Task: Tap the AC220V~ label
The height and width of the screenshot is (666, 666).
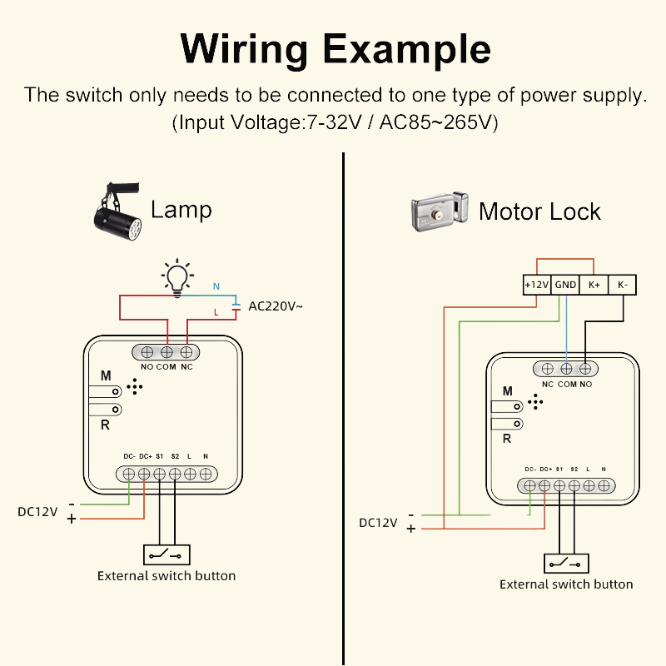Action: [275, 306]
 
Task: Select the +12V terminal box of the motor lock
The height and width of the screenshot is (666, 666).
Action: [537, 285]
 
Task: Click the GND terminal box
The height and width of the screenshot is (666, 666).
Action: [565, 285]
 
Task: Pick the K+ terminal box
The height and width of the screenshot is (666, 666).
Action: [594, 285]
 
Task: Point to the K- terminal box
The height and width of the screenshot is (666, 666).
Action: [623, 285]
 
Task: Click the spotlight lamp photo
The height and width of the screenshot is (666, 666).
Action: [117, 212]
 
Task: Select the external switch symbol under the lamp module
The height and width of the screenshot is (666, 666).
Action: [166, 555]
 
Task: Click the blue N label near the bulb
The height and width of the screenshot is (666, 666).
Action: [216, 286]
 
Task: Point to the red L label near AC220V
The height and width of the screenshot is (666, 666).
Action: [216, 312]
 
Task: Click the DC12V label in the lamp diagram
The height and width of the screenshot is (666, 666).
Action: [38, 512]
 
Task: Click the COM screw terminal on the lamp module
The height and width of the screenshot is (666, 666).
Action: [167, 352]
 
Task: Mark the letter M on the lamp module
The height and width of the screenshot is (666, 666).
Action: [106, 376]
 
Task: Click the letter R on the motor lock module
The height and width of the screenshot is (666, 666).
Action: [507, 439]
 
